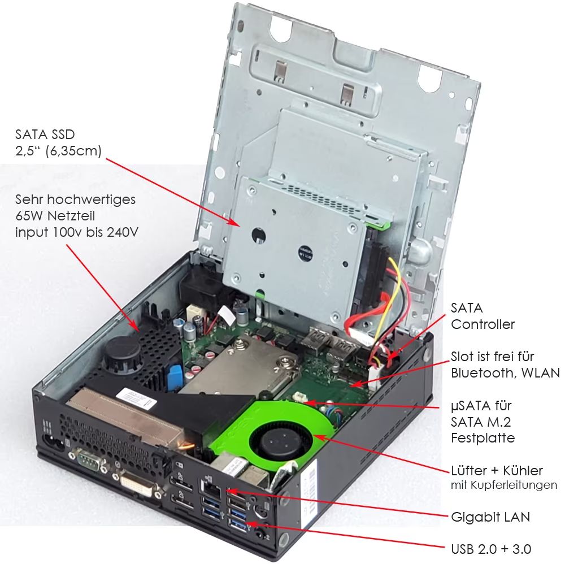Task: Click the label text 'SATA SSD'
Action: coord(45,135)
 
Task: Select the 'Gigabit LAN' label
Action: coord(490,517)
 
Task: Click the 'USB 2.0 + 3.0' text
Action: coord(491,548)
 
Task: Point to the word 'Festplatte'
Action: coord(483,438)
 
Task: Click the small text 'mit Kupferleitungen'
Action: coord(504,485)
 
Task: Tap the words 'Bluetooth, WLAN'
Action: coord(505,373)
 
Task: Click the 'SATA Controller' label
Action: coord(483,316)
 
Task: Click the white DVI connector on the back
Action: coord(137,484)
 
